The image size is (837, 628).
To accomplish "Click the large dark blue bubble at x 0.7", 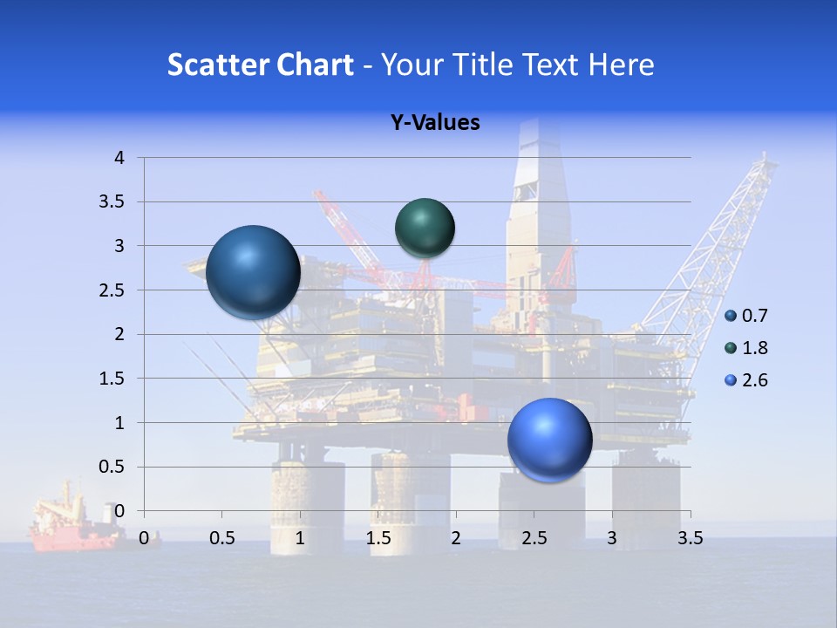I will point(253,272).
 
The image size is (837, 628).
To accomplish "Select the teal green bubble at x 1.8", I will point(425,228).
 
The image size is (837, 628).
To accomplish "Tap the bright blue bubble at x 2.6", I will point(549,440).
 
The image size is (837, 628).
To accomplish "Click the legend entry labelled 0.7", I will point(747,316).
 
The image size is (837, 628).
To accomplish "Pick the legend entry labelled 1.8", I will point(747,348).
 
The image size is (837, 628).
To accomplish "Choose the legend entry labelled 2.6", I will point(747,380).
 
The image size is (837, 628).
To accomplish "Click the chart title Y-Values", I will point(434,123).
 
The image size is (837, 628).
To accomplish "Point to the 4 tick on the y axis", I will point(119,158).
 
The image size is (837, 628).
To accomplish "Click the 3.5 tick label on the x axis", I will point(690,538).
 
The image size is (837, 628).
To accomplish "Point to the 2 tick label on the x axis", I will point(456,538).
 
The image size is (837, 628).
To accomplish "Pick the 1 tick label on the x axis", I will point(300,538).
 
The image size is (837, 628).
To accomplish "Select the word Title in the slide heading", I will point(482,65).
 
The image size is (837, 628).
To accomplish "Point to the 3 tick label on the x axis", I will point(612,538).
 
